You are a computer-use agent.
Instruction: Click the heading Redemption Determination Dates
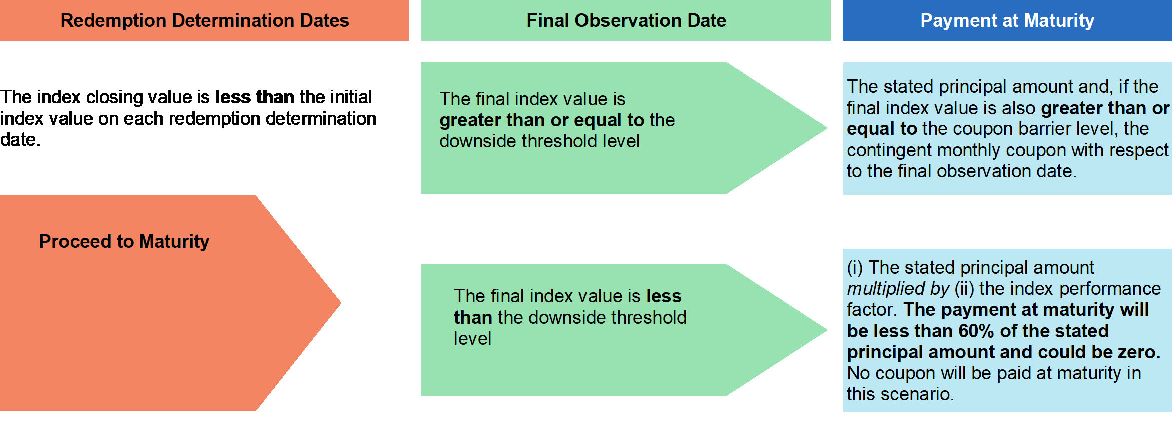[x=205, y=21]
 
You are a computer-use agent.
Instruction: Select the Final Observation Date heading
[x=626, y=21]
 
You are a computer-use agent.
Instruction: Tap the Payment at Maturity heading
[x=1007, y=21]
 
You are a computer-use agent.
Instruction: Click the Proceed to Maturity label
[x=124, y=241]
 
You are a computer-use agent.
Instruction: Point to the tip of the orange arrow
[x=341, y=303]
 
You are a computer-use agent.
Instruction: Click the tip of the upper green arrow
[x=827, y=128]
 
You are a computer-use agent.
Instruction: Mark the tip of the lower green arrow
[x=827, y=330]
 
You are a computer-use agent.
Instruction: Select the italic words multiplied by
[x=898, y=289]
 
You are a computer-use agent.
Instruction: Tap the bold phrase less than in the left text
[x=255, y=97]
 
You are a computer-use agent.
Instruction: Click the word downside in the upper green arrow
[x=478, y=141]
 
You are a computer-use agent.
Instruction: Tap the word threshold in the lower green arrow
[x=649, y=318]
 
